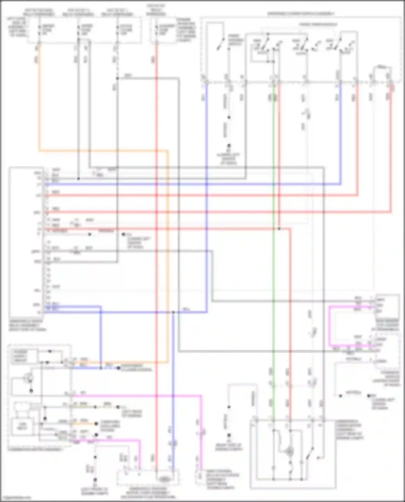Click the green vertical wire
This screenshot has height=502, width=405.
(273, 243)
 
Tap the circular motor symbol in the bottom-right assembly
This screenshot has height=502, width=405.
(290, 451)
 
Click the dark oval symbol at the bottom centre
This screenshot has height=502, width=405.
(164, 479)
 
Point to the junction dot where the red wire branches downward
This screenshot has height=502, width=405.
(279, 229)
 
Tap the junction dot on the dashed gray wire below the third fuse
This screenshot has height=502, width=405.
(117, 78)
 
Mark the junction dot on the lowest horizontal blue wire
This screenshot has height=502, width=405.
(173, 312)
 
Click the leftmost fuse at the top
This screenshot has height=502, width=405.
(39, 30)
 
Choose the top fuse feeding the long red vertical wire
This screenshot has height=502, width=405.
(156, 30)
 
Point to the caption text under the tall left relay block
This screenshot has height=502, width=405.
(27, 326)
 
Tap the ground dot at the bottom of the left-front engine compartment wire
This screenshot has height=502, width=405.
(95, 480)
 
